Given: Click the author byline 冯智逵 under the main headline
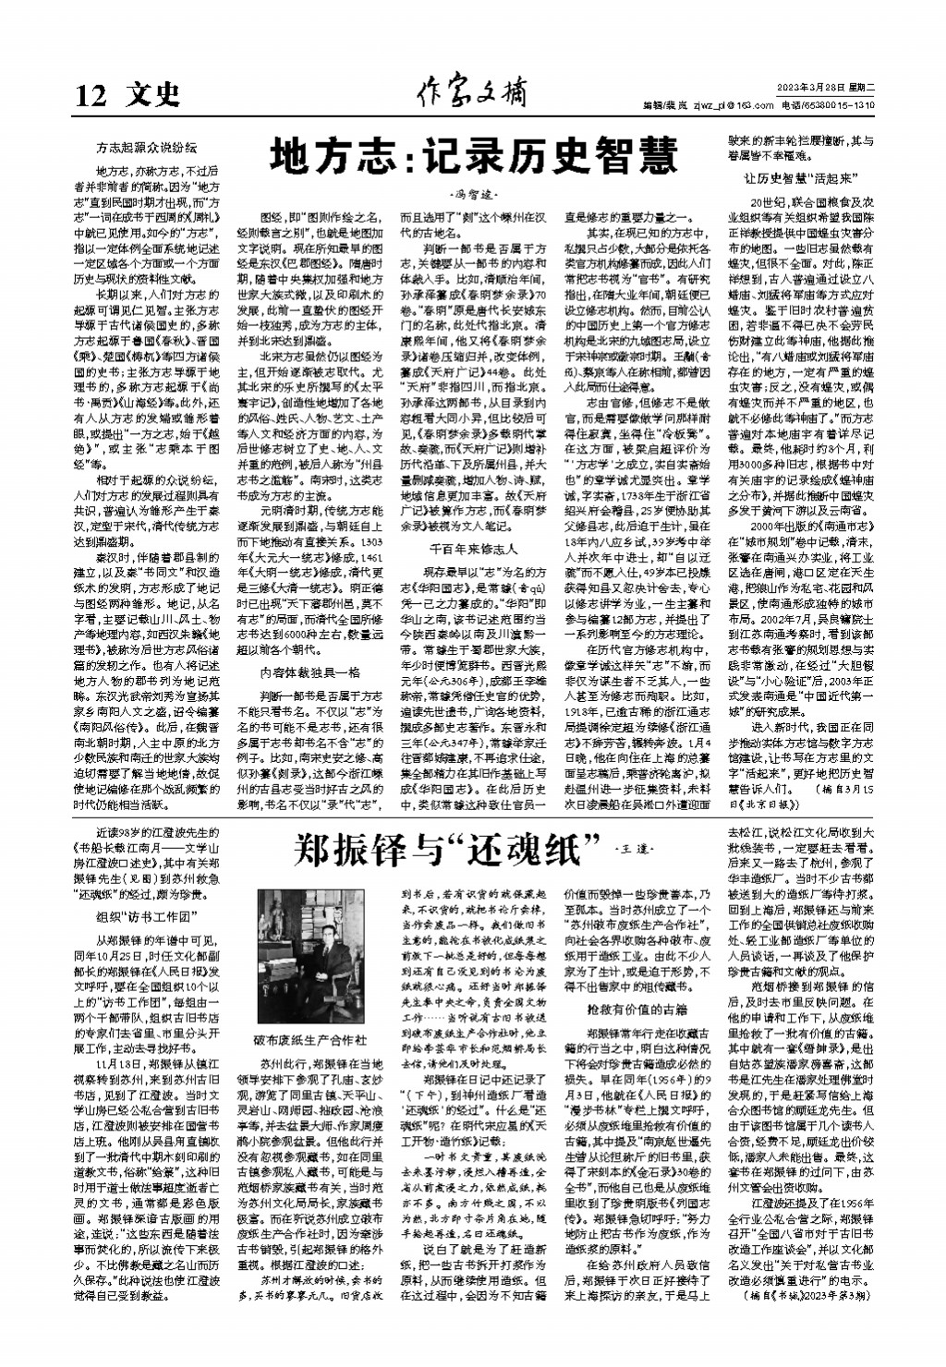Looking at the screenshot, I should (x=472, y=195).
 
